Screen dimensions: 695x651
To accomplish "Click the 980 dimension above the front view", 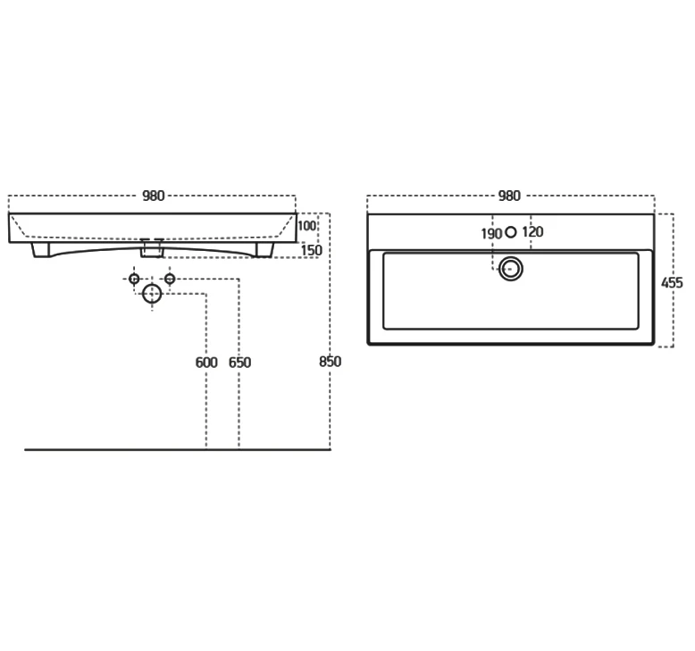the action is click(x=154, y=196).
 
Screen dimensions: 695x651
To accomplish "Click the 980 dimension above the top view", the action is click(x=509, y=196).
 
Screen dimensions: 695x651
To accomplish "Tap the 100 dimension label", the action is click(x=306, y=226).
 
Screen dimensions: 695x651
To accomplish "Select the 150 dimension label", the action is click(x=311, y=250).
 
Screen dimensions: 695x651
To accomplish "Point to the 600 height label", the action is click(x=206, y=363).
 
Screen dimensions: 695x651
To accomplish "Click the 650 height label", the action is click(x=239, y=363).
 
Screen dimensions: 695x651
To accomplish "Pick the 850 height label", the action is click(x=331, y=362).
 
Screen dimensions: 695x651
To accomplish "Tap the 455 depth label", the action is click(x=672, y=283).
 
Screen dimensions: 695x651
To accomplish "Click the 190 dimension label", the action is click(x=491, y=234).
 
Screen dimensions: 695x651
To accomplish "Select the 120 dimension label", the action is click(x=532, y=232).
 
